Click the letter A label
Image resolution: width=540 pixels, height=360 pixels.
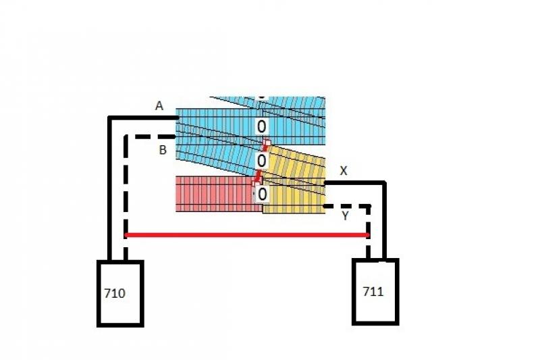159,106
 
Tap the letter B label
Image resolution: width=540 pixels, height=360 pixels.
163,150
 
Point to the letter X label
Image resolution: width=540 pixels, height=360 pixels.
344,171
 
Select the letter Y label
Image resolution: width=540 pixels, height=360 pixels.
345,216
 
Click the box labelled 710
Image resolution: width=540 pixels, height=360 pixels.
120,293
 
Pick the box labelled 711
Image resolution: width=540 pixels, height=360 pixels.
375,292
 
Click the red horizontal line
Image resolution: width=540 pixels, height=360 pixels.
247,235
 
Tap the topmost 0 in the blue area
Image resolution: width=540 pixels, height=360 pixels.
261,126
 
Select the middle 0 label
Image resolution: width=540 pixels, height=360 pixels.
261,161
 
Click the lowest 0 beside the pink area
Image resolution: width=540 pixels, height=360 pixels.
262,195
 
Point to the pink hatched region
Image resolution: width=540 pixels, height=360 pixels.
216,194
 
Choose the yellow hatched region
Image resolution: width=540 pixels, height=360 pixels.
294,182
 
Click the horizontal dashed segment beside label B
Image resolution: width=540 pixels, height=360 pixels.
155,136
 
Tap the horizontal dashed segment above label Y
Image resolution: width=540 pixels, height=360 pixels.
347,207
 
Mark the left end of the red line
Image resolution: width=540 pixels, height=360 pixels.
126,235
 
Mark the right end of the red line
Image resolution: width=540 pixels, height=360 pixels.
369,235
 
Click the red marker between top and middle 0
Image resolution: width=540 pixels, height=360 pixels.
266,145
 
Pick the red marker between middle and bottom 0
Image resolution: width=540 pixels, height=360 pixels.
258,178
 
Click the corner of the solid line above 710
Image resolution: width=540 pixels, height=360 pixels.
110,118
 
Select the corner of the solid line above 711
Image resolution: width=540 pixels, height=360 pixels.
384,182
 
